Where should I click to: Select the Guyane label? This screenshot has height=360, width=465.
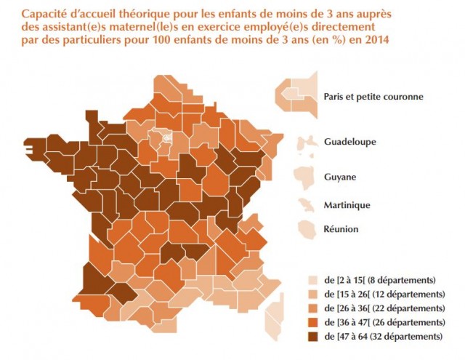click(340, 177)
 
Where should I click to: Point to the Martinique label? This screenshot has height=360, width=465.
click(347, 205)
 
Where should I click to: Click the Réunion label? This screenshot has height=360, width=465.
click(341, 229)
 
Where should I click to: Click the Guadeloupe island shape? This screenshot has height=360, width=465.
click(307, 143)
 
